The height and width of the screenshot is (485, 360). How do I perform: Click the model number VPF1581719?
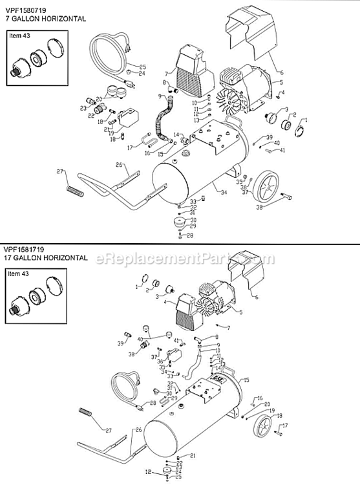coord(25,249)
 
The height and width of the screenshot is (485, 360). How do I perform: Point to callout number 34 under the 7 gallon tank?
coord(224,193)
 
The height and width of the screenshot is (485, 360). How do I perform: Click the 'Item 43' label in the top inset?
coord(19,36)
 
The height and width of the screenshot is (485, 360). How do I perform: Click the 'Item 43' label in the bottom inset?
coord(19,274)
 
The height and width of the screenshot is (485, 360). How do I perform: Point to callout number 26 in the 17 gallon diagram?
coord(137,430)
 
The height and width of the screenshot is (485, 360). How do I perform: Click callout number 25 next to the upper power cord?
coord(143,67)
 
